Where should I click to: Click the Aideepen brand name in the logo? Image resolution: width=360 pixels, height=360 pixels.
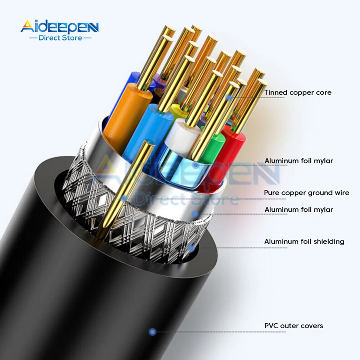point(59,27)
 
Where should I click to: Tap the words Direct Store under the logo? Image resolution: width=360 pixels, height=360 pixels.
point(60,37)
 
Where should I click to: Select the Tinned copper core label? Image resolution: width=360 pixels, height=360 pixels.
point(298,93)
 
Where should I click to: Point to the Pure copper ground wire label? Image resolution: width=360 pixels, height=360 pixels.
point(306,193)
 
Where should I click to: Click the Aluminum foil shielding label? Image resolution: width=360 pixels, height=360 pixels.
point(304,242)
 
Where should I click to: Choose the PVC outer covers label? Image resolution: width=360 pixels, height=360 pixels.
point(294,326)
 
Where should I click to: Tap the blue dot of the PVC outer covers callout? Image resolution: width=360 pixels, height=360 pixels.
point(153,332)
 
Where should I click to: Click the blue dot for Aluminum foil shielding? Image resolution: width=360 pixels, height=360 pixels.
point(192,247)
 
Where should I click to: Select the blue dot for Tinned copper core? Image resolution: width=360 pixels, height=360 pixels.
point(228,97)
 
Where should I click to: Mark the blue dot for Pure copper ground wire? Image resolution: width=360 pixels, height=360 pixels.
point(124,198)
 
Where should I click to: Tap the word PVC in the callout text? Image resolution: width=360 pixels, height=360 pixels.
point(270,326)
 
